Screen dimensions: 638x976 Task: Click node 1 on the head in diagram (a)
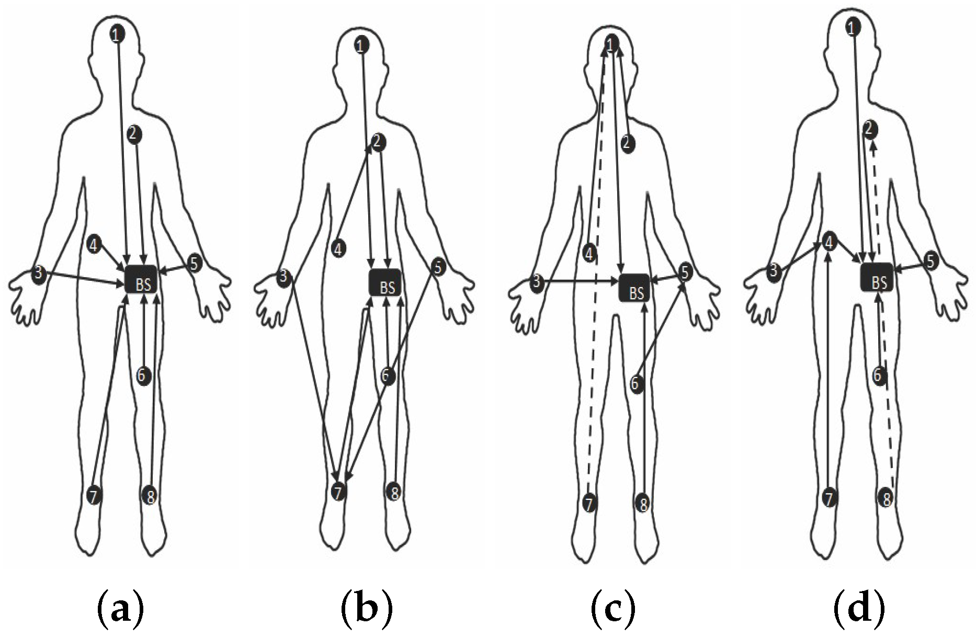point(117,35)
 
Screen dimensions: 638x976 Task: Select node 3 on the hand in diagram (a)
point(38,274)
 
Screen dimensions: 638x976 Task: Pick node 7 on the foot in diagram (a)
point(93,495)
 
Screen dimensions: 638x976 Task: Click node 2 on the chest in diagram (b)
point(378,142)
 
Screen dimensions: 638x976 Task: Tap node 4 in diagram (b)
point(339,248)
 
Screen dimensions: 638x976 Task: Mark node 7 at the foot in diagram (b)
point(339,492)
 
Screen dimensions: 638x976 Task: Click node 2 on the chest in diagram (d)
point(870,129)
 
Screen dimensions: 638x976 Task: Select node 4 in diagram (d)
point(829,242)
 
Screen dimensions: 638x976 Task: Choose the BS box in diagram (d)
point(878,280)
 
